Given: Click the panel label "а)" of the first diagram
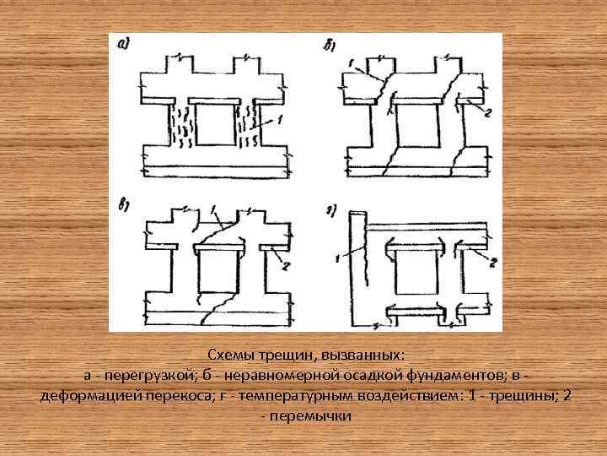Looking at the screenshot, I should [124, 45].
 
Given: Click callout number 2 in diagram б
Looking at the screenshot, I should [487, 113].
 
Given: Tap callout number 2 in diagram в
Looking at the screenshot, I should [284, 266].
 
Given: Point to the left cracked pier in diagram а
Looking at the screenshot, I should [179, 125].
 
